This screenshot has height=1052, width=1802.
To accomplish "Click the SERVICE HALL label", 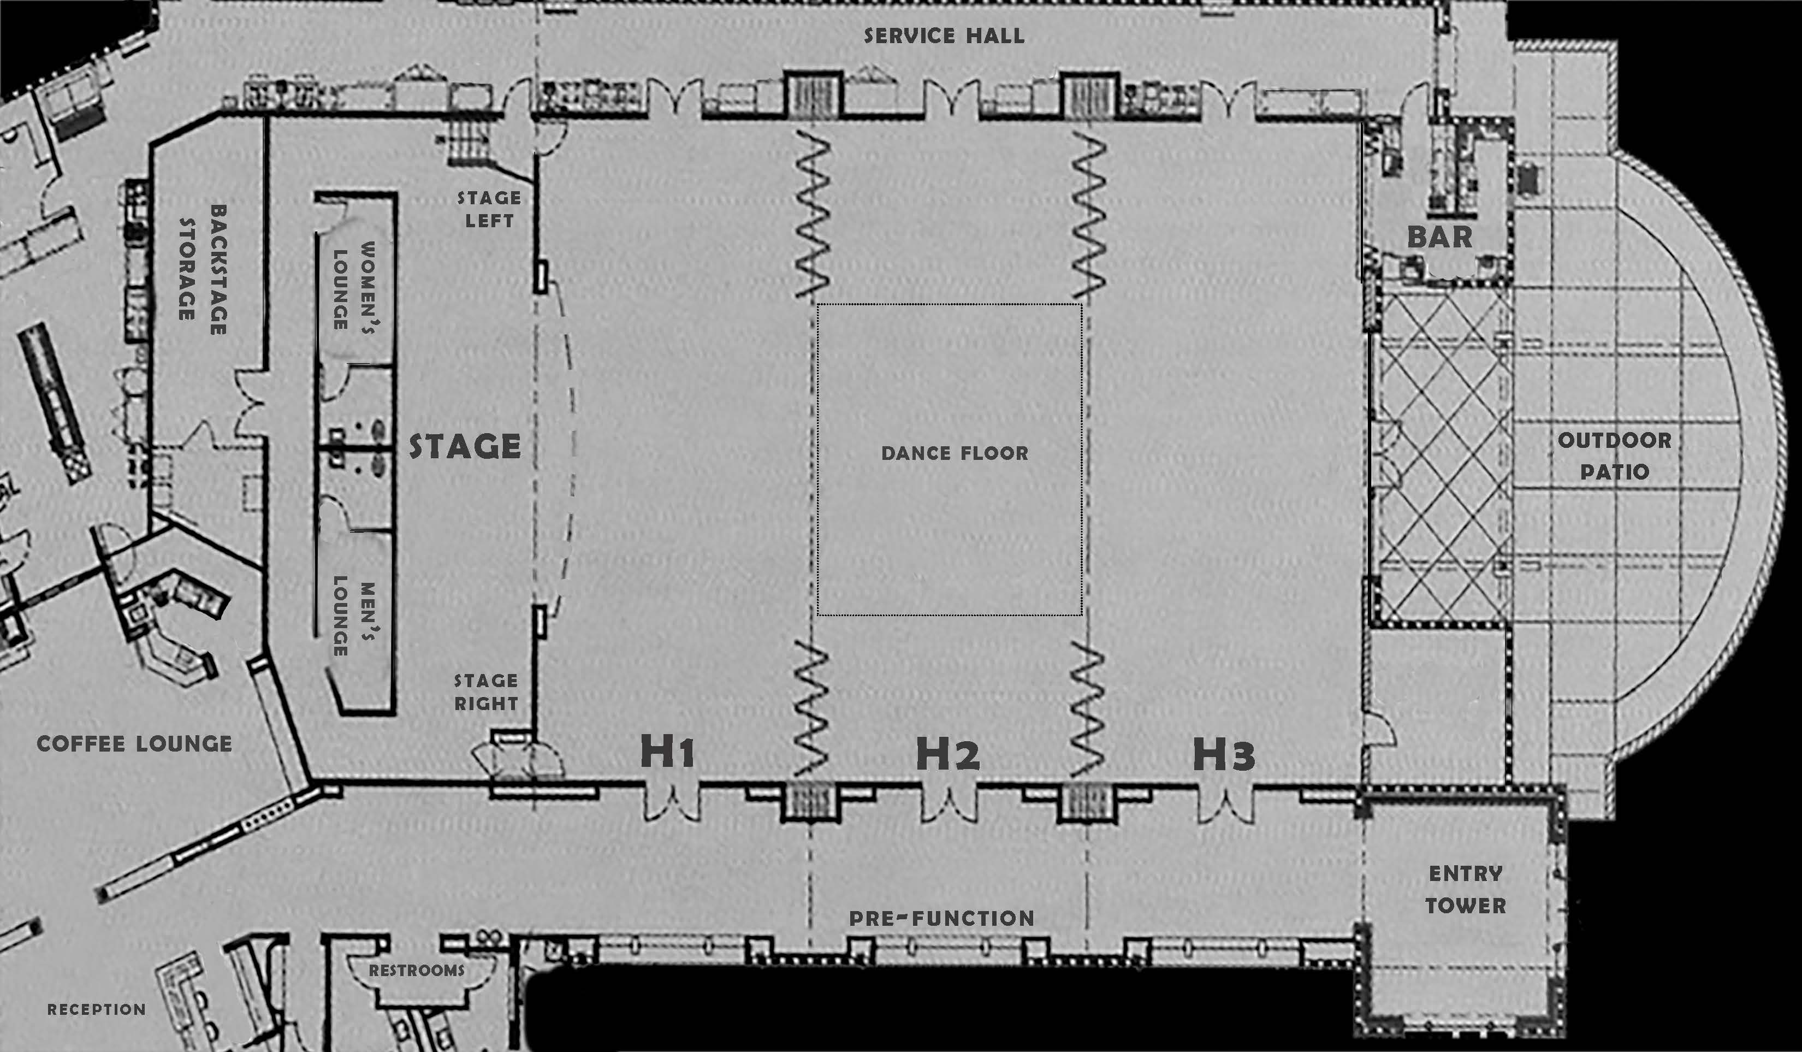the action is click(x=944, y=36).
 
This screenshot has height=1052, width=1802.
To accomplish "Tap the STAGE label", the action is click(x=465, y=446).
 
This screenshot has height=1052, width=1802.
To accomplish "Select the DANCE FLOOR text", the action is click(x=955, y=453).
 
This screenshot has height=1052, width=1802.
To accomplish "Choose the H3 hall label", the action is click(x=1224, y=754).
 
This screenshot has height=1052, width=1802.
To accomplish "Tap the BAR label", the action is click(x=1439, y=237).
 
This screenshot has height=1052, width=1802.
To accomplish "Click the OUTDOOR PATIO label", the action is click(x=1615, y=456).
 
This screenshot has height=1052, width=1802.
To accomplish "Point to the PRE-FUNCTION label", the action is click(x=941, y=918).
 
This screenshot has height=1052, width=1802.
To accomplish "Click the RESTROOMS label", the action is click(x=416, y=971).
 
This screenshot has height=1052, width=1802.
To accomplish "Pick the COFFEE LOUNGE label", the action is click(x=134, y=744).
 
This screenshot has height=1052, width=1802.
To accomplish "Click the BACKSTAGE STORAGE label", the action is click(x=203, y=270).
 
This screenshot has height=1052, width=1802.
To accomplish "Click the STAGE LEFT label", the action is click(x=489, y=209).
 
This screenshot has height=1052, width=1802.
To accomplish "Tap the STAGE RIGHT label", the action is click(x=486, y=692).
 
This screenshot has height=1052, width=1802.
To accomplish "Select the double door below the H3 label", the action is click(x=1226, y=805).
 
